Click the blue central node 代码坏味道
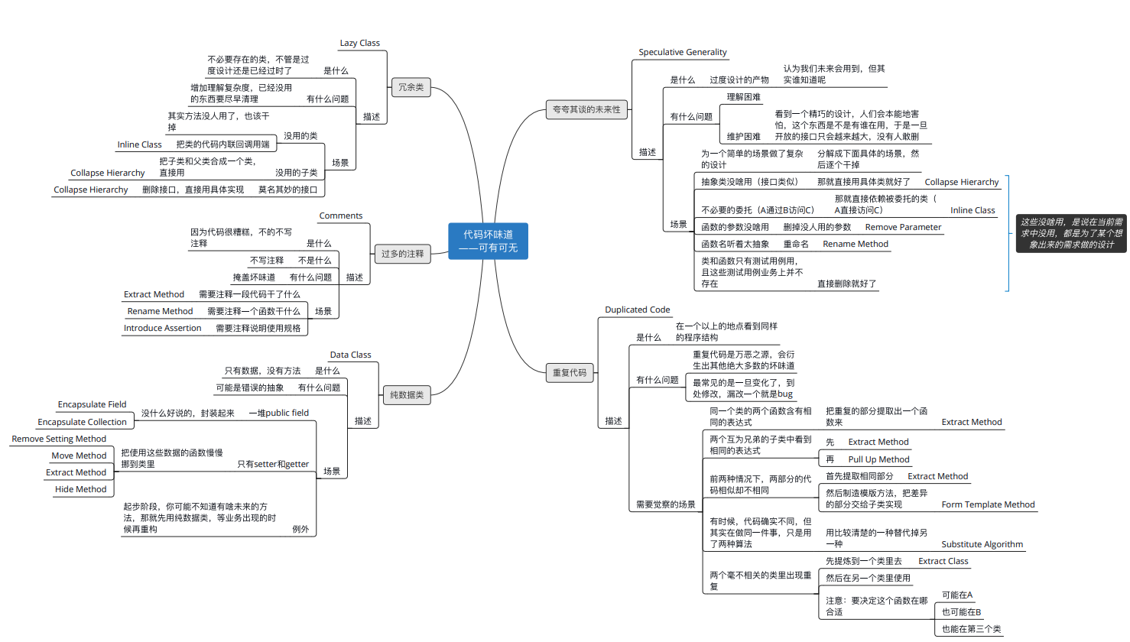tap(488, 241)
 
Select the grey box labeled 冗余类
tap(411, 87)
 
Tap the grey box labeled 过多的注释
tap(403, 254)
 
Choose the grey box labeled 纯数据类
tap(407, 395)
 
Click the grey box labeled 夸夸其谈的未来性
tap(586, 109)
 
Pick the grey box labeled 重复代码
tap(570, 373)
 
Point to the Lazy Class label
tap(359, 43)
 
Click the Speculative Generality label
tap(683, 52)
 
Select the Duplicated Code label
tap(637, 310)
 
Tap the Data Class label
tap(351, 355)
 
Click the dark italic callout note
tap(1071, 234)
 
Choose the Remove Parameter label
tap(903, 227)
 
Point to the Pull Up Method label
tap(878, 459)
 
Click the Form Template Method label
tap(988, 504)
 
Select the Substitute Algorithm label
tap(982, 544)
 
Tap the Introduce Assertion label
tap(162, 328)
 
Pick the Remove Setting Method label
tap(59, 439)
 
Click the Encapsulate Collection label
tap(83, 422)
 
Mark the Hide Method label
tap(81, 489)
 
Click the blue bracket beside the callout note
tap(1008, 234)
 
